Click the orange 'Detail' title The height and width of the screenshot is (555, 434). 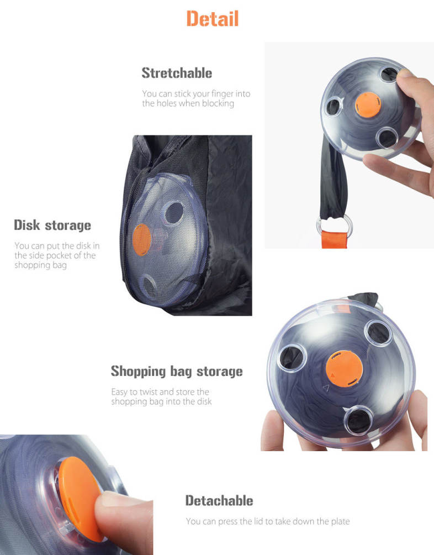point(213,18)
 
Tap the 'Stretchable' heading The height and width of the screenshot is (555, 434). point(177,73)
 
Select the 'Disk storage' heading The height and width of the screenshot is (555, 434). point(52,225)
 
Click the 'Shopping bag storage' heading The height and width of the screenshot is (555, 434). point(177,371)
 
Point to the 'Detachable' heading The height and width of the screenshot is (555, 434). point(219,500)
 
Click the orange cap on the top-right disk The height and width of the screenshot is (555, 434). point(368,105)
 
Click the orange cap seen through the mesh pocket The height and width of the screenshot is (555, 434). point(142,239)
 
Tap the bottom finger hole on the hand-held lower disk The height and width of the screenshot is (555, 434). point(358,421)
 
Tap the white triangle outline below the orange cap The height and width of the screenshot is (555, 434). point(326,388)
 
